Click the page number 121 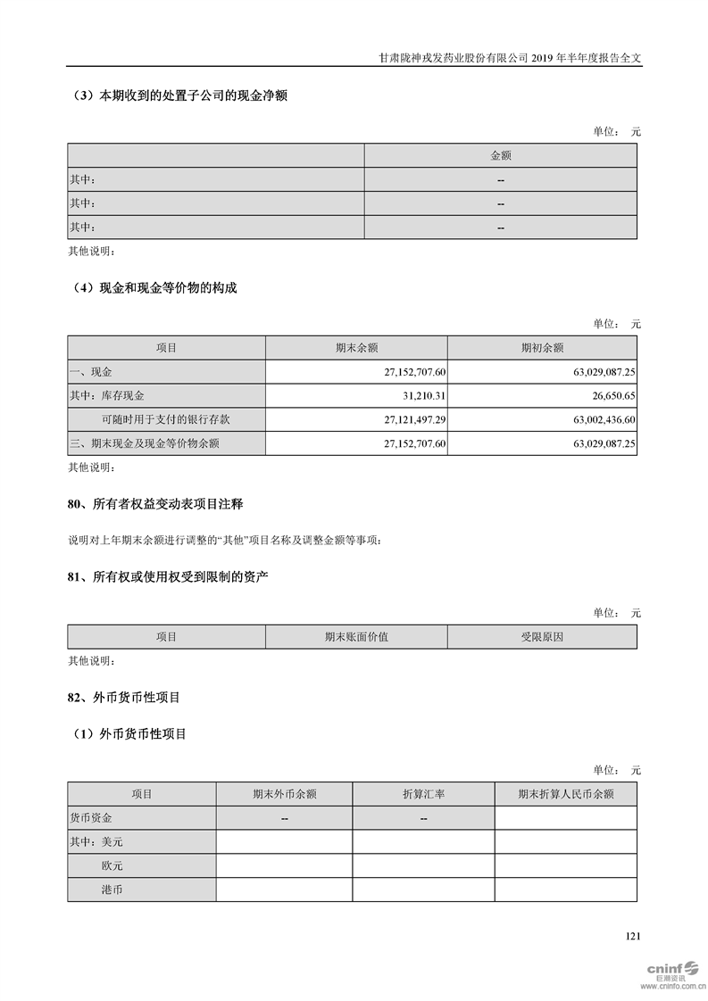(x=633, y=936)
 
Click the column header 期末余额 (x=356, y=347)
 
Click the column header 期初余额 (x=542, y=347)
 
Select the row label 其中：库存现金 (x=107, y=394)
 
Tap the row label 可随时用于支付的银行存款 (x=159, y=418)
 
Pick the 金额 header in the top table (x=501, y=155)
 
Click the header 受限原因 (x=542, y=636)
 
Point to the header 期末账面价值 (x=356, y=636)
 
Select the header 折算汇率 (x=423, y=793)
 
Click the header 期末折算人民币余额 (x=565, y=793)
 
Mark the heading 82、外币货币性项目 (x=124, y=697)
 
